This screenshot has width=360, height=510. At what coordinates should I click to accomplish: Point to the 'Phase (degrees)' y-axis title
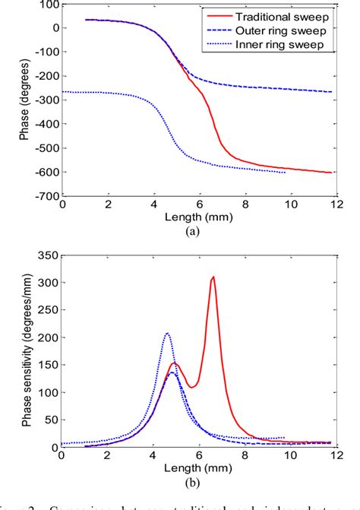click(x=26, y=100)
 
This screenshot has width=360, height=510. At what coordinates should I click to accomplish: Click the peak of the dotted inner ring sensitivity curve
click(x=168, y=333)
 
